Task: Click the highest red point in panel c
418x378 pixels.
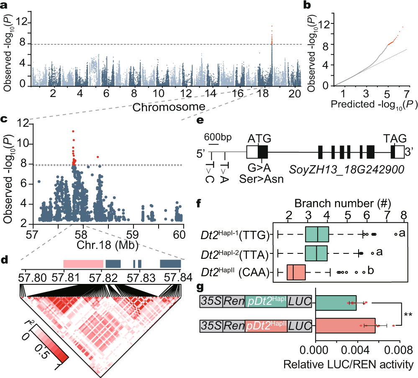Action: tap(73, 131)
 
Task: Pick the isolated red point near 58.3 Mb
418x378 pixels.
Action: tap(98, 157)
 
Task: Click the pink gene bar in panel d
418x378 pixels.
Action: tap(83, 264)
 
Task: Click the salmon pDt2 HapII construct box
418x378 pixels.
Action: tap(266, 324)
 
